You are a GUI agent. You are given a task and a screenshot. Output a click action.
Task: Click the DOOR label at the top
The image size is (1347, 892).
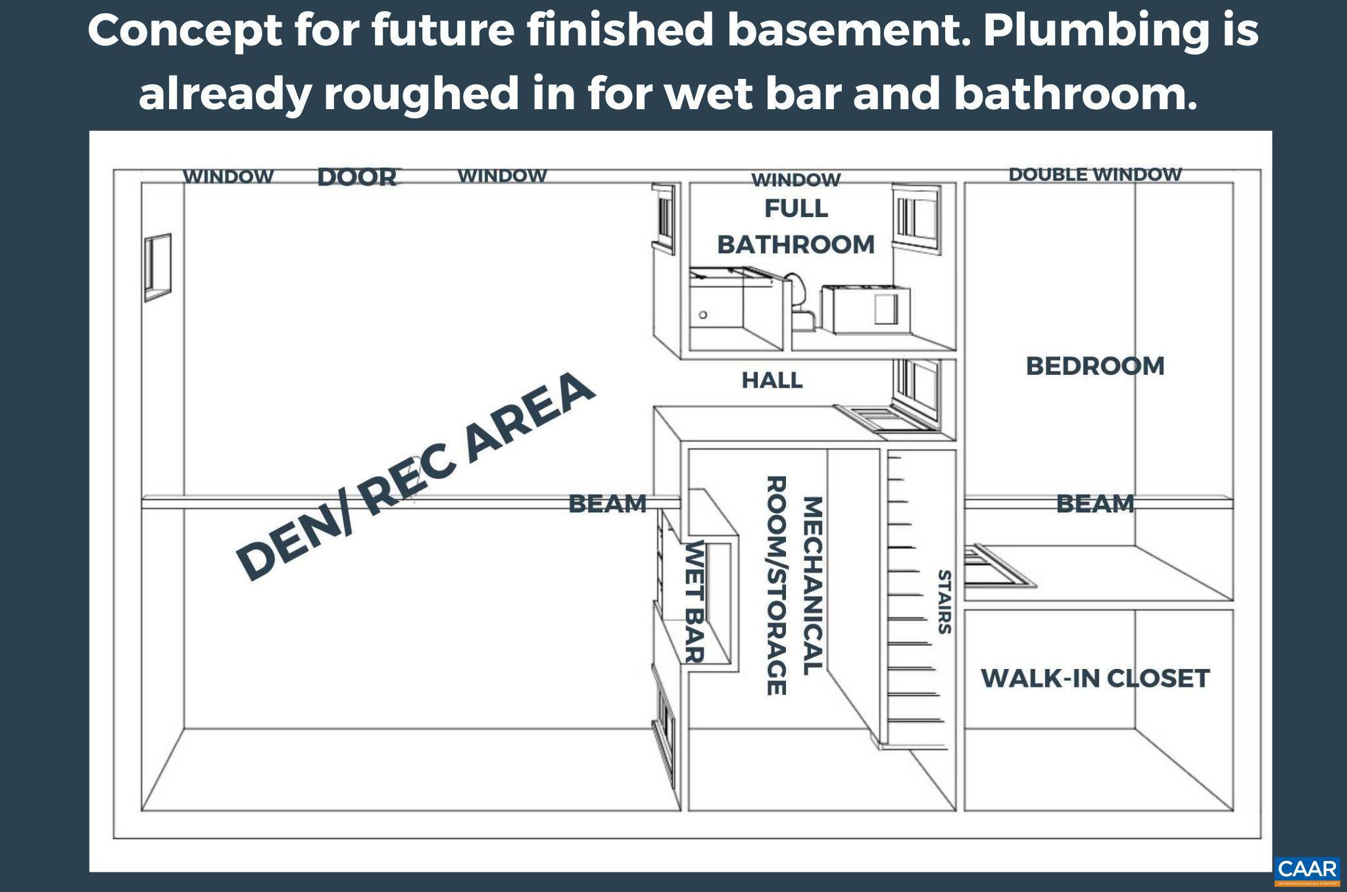[x=358, y=177]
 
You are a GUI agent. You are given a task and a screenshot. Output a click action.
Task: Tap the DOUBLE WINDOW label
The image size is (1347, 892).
[x=1095, y=174]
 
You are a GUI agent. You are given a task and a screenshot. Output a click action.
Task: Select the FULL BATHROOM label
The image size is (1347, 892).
[x=796, y=226]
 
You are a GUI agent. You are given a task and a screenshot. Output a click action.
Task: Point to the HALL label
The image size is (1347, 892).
[x=772, y=380]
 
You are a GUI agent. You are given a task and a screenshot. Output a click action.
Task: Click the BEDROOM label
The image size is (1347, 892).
[x=1095, y=366]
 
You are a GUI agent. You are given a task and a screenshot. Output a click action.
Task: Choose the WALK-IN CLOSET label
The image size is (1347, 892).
[x=1095, y=678]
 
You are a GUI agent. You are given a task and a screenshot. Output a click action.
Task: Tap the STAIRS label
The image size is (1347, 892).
[x=944, y=602]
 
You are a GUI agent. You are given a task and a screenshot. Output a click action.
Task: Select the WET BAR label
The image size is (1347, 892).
[x=695, y=601]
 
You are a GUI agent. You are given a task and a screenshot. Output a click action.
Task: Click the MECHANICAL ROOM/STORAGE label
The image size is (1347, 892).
[x=795, y=585]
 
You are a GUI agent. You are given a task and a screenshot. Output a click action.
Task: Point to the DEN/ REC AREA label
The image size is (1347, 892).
[x=415, y=475]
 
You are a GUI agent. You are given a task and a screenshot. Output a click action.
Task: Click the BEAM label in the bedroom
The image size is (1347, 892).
[x=1095, y=504]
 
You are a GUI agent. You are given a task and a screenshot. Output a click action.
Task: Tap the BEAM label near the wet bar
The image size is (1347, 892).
[x=607, y=504]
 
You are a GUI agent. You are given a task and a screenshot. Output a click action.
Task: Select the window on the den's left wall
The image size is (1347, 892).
[x=158, y=267]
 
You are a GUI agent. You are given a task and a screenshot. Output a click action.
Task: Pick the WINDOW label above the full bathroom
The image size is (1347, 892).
[x=796, y=180]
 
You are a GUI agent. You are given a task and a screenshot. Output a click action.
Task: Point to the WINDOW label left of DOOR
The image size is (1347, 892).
[x=228, y=177]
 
